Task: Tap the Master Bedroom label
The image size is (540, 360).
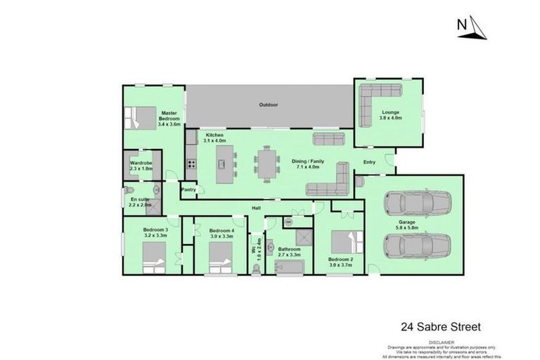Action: [169, 118]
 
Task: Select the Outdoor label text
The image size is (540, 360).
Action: [269, 105]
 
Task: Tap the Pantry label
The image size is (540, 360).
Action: [188, 189]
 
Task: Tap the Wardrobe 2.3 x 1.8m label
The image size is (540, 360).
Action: [141, 166]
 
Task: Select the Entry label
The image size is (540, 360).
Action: [369, 162]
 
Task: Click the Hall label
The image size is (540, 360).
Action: [258, 208]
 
